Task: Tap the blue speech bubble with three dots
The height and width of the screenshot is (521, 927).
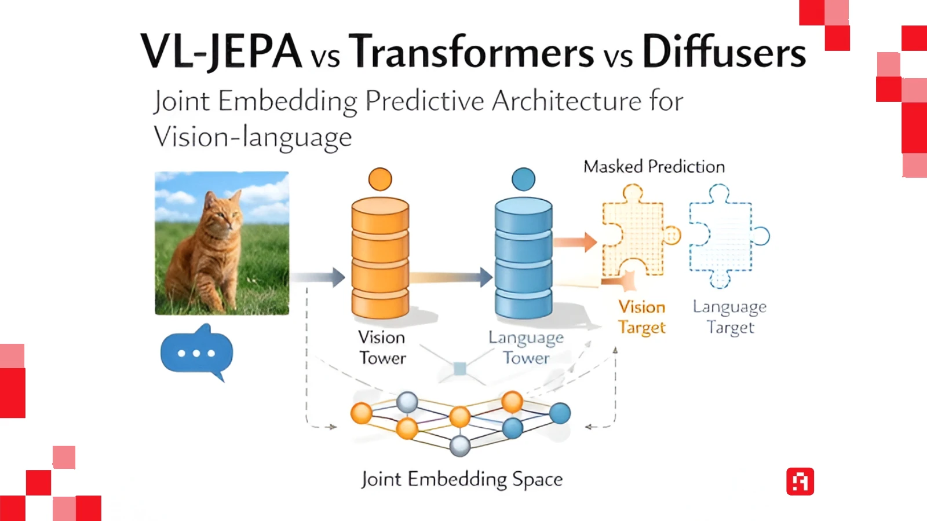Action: (196, 353)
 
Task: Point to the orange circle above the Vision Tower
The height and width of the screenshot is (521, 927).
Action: (380, 179)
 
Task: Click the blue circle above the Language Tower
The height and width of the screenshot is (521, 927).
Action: (524, 179)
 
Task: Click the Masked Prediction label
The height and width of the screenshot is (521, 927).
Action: (654, 167)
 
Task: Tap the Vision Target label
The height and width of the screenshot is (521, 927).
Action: (642, 317)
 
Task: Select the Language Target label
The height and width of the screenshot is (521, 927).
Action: (730, 317)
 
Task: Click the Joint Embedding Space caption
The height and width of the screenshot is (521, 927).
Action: (462, 479)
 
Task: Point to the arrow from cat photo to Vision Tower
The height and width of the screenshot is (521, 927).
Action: (319, 277)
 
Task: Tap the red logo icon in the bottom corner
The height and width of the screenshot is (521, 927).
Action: (800, 481)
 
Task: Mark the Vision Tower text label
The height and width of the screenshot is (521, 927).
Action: (382, 347)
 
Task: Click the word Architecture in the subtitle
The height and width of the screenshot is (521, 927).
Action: (567, 101)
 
